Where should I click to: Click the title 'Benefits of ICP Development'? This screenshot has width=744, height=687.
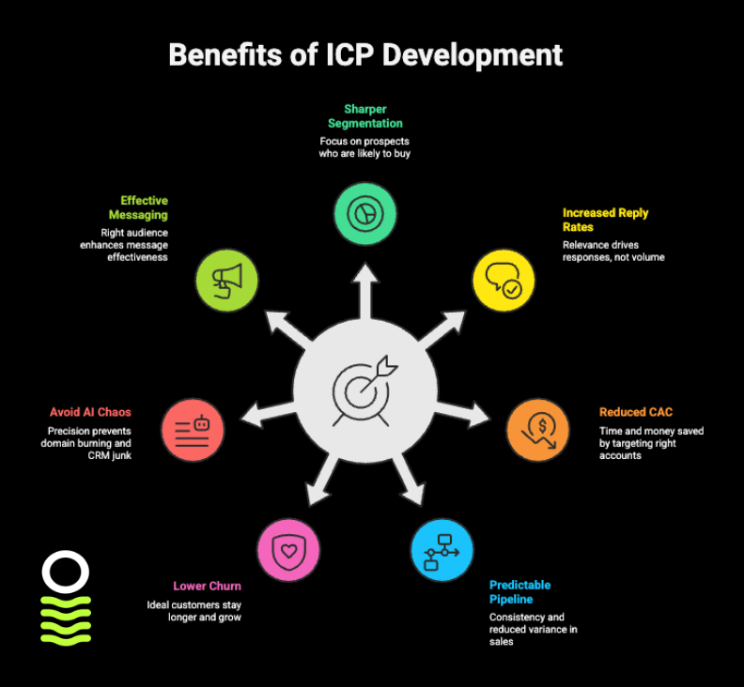(x=365, y=54)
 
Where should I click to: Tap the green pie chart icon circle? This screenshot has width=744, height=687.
(x=365, y=214)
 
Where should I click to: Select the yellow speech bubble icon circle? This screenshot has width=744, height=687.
(x=503, y=280)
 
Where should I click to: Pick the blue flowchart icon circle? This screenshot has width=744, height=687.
(x=442, y=549)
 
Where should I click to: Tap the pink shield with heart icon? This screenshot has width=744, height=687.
(x=288, y=549)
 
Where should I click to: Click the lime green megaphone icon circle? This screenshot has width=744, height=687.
(x=226, y=280)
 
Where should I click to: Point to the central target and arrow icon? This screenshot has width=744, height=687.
(x=365, y=388)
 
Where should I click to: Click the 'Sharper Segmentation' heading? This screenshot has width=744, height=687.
(x=365, y=115)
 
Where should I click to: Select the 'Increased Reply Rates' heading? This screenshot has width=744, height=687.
(x=605, y=220)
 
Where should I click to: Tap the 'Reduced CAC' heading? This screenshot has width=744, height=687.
(x=636, y=412)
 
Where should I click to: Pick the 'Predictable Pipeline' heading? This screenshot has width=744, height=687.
(x=519, y=592)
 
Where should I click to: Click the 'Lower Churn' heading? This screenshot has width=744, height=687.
(x=207, y=587)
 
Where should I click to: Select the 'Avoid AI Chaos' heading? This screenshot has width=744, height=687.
(x=91, y=412)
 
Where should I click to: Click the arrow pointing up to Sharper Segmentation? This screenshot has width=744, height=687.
(x=365, y=286)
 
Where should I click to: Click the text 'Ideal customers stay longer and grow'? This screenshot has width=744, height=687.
(x=194, y=611)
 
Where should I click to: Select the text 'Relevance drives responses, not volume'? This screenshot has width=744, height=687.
(x=613, y=252)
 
